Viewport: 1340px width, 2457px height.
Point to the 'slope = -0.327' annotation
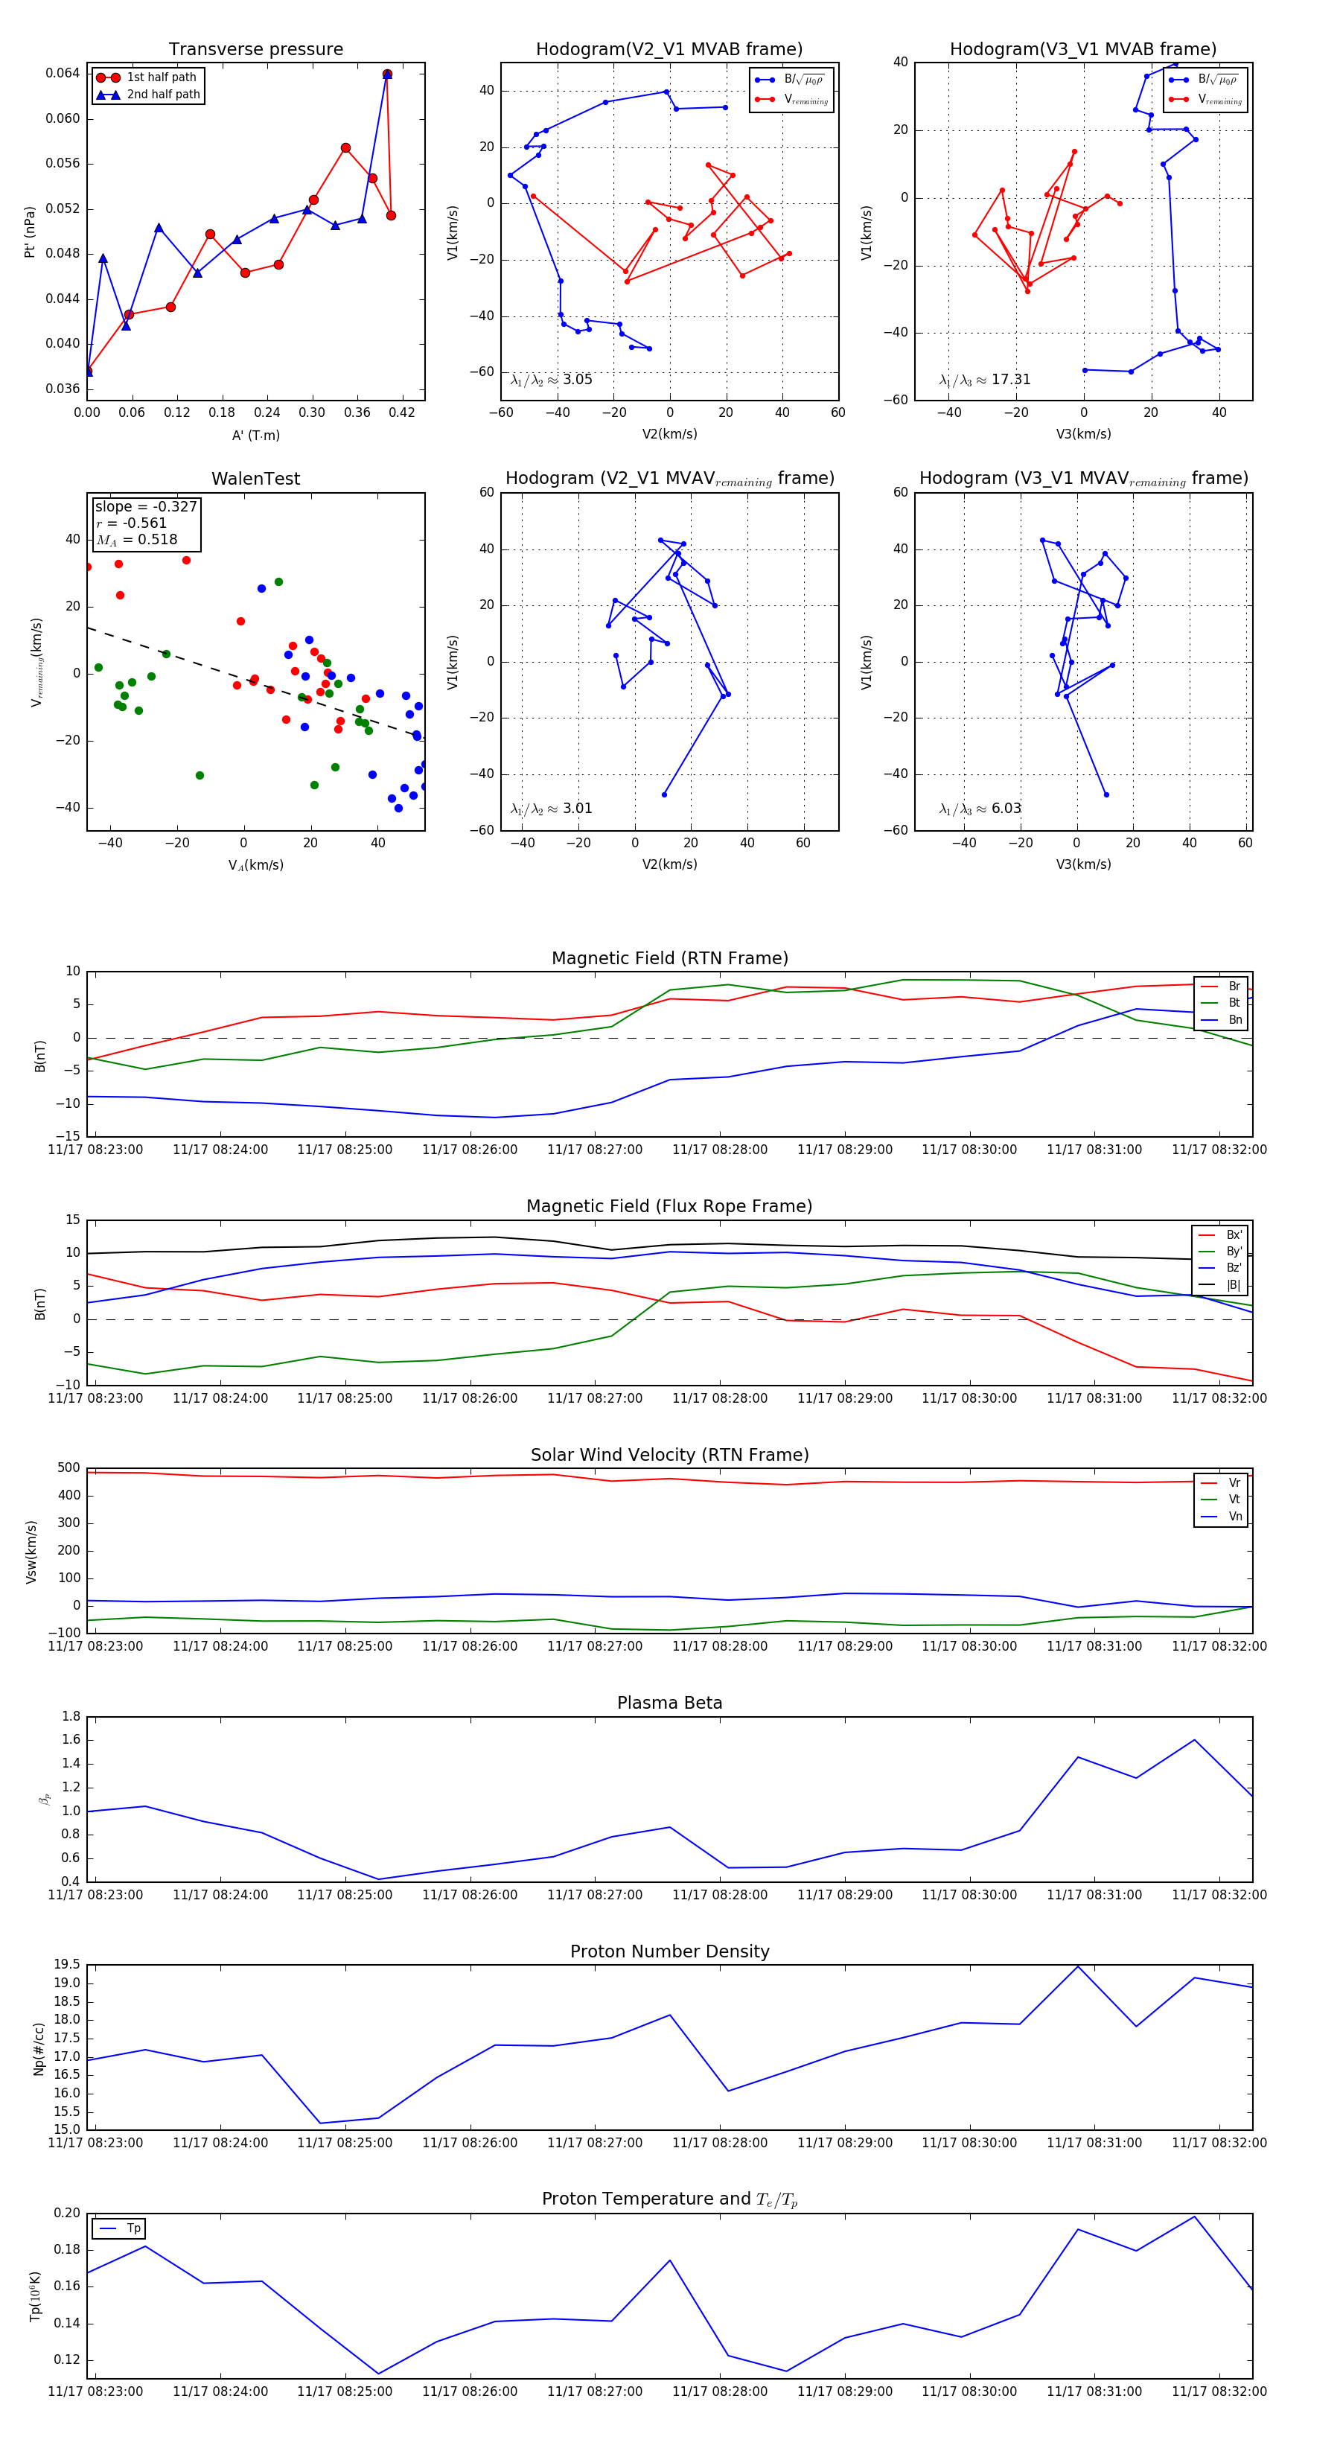(146, 506)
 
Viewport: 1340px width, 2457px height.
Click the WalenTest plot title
(255, 479)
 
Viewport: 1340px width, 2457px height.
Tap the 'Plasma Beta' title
(669, 1703)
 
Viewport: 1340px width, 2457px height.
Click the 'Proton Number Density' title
(669, 1951)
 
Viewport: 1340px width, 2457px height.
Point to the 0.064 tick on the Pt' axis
(63, 74)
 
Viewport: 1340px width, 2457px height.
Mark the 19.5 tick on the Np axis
(67, 1965)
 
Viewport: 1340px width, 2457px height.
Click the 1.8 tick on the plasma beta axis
(71, 1716)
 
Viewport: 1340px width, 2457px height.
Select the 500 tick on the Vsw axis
(68, 1468)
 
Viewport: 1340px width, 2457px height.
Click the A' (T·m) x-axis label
(255, 435)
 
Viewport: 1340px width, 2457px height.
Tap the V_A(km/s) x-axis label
(255, 865)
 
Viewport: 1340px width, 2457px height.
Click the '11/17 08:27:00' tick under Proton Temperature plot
(594, 2391)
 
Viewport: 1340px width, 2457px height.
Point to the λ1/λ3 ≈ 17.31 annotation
(984, 380)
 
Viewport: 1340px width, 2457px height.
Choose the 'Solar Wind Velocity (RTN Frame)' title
(669, 1455)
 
